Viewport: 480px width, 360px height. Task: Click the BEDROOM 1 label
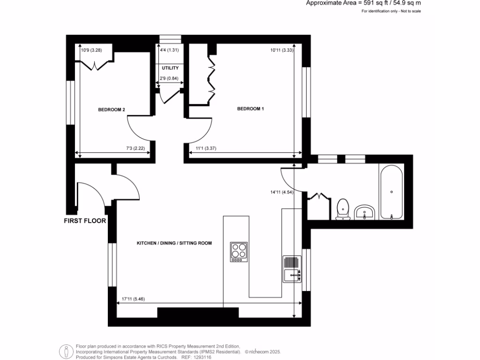click(250, 109)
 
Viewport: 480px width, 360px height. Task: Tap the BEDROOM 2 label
click(111, 110)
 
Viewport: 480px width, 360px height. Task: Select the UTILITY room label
click(170, 68)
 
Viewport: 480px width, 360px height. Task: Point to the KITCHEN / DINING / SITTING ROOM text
click(174, 244)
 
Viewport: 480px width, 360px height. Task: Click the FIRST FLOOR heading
click(85, 221)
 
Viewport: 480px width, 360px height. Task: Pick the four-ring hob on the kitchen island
click(239, 252)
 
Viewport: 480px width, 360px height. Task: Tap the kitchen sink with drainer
click(292, 270)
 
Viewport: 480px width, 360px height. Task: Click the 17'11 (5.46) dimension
click(133, 299)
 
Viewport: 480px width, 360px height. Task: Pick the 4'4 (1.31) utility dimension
click(169, 50)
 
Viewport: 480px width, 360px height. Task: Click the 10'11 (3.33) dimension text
click(282, 50)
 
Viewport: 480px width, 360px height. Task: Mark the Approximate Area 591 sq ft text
click(363, 3)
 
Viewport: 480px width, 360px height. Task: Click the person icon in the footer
click(66, 352)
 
